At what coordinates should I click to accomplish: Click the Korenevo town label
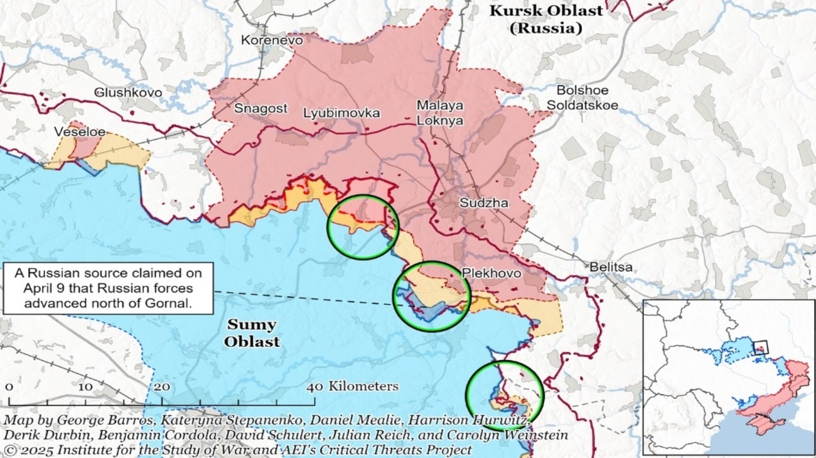(272, 40)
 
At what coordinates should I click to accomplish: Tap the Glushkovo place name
(128, 92)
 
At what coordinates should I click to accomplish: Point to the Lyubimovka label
(341, 113)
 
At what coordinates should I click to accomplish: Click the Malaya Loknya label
(440, 113)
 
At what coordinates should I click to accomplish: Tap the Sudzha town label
(484, 203)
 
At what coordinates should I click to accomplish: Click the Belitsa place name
(611, 267)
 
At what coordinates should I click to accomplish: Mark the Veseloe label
(79, 132)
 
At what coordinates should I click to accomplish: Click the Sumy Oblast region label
(252, 333)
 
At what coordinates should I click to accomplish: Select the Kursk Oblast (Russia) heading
(545, 19)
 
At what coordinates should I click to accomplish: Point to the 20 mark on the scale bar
(162, 386)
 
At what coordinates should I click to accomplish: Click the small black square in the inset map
(760, 347)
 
